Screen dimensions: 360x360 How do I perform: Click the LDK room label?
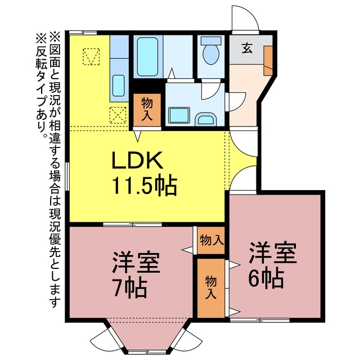[137, 160]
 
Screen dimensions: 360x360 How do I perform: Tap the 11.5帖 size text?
[145, 186]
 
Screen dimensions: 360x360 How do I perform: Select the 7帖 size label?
[130, 288]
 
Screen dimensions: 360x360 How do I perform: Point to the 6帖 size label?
[266, 278]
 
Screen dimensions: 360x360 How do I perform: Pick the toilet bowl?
[211, 51]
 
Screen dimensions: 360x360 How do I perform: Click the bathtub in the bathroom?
[147, 57]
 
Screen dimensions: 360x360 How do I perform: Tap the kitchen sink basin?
[119, 85]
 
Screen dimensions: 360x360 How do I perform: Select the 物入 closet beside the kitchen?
[147, 110]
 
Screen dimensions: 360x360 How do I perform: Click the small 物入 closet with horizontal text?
[211, 240]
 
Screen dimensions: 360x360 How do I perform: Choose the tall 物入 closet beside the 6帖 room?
[211, 288]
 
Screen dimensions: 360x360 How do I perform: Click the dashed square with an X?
[118, 115]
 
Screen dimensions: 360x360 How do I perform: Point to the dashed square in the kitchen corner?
[91, 56]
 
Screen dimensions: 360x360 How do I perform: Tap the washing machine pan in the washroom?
[179, 115]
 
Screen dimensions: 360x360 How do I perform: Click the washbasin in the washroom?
[206, 119]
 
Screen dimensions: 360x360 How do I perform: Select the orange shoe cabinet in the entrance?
[268, 60]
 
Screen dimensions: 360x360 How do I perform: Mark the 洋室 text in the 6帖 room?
[273, 253]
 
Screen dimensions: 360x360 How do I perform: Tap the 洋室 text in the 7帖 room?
[136, 263]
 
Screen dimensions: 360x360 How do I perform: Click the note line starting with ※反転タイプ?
[41, 85]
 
